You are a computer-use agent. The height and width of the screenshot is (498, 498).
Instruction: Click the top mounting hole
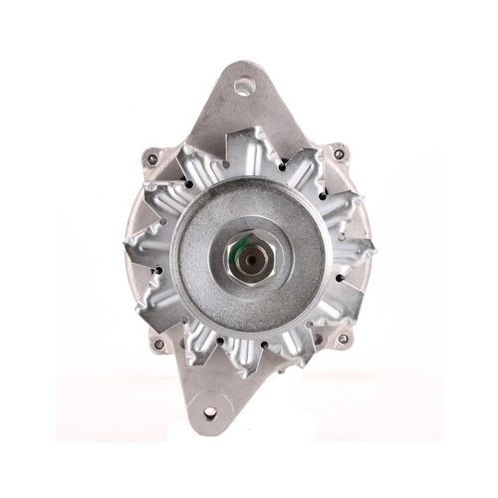[241, 84]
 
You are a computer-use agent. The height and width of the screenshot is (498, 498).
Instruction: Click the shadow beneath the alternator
[249, 438]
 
